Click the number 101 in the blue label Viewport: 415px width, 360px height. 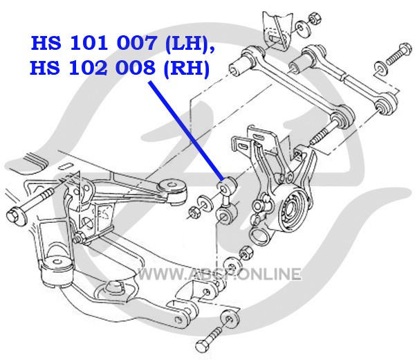click(x=89, y=43)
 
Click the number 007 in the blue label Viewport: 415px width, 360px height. click(x=136, y=43)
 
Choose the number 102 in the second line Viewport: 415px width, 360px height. click(x=88, y=68)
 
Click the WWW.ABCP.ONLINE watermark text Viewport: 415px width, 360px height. click(x=219, y=273)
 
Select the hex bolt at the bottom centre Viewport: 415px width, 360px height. click(x=210, y=339)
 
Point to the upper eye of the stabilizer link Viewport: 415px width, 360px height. click(x=227, y=186)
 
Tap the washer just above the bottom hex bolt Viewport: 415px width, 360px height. click(x=230, y=318)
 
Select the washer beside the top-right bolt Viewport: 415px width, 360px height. click(x=381, y=69)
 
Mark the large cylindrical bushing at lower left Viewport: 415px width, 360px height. click(x=56, y=271)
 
